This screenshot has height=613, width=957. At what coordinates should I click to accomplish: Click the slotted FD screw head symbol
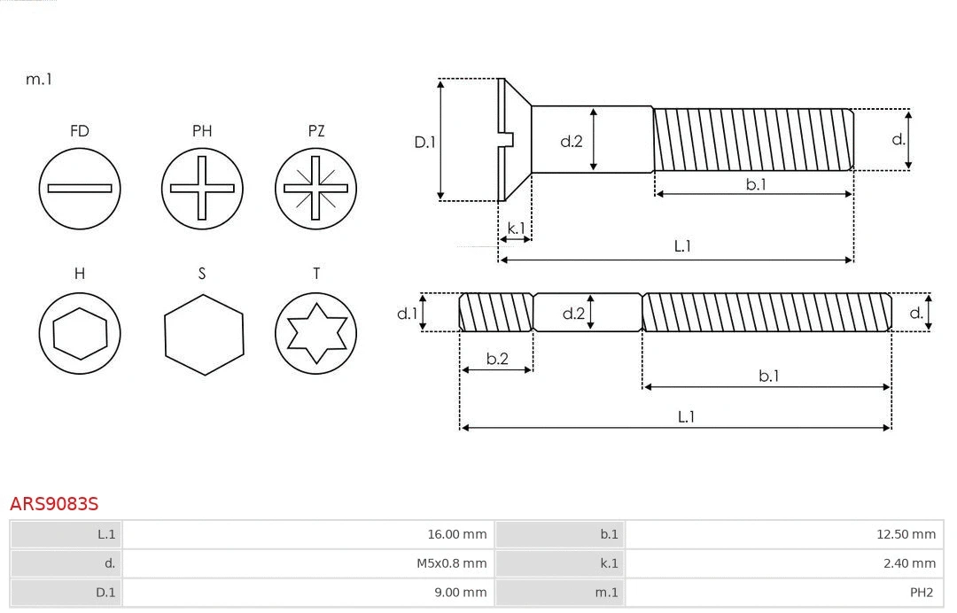(x=80, y=188)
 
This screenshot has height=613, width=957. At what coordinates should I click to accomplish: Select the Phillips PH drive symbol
(x=202, y=188)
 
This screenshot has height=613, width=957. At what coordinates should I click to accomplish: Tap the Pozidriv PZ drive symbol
(x=315, y=188)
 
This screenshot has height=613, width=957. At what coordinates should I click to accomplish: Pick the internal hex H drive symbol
(x=80, y=333)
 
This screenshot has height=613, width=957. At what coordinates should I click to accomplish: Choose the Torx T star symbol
(x=315, y=333)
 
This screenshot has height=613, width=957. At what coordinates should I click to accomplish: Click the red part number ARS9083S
(x=54, y=504)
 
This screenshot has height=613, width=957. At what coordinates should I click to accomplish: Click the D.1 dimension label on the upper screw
(x=425, y=141)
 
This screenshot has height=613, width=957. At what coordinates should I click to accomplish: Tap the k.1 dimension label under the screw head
(x=515, y=228)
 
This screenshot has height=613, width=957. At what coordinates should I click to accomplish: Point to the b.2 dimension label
(x=497, y=359)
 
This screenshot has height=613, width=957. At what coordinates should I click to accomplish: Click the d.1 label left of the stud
(x=407, y=313)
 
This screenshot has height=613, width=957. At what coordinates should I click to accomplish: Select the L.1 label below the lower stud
(x=686, y=416)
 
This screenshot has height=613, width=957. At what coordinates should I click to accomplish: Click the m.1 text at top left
(x=39, y=79)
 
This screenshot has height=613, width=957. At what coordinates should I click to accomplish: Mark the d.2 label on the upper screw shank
(x=572, y=141)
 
